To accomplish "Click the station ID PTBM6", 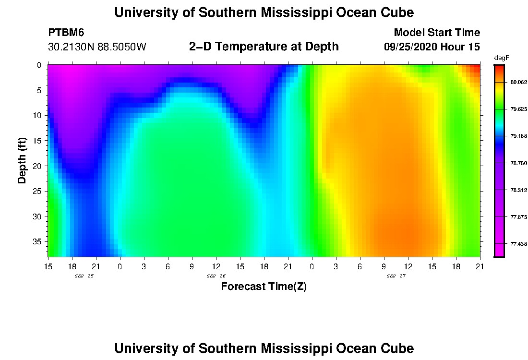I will coord(66,33).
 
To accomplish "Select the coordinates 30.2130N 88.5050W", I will coord(97,47).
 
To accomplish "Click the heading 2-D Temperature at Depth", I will coord(264,47).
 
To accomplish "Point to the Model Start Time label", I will coord(436,33).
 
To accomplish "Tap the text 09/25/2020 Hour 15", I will coord(432,47).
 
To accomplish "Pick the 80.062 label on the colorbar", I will coord(518,83).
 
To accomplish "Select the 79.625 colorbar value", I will coord(518,109).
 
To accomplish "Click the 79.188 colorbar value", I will coord(518,136).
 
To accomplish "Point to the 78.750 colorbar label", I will coord(518,163).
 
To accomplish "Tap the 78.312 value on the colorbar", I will coord(518,190).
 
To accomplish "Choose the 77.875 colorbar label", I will coord(518,217).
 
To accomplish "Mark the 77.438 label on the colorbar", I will coord(518,244).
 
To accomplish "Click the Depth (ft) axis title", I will coord(22,160).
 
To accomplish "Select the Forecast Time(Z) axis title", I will coord(264,287).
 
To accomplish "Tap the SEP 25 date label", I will coord(84,276).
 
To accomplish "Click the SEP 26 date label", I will coord(216,276).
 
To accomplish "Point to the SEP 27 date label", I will coord(396,276).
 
